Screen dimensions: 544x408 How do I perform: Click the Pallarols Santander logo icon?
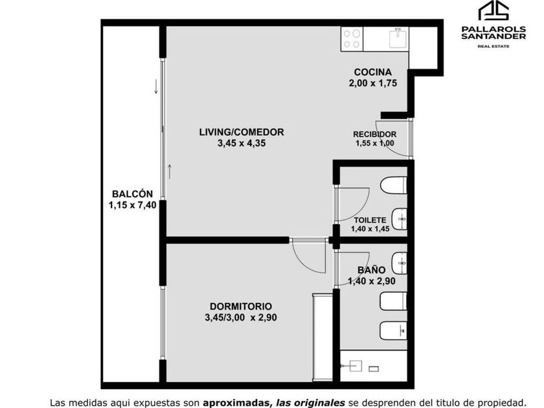click(x=493, y=11)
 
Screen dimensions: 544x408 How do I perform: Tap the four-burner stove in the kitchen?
click(x=352, y=39)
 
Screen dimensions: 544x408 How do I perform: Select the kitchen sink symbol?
click(x=398, y=38)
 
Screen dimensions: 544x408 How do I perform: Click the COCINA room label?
click(x=372, y=72)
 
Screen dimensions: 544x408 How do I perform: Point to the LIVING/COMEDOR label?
click(x=242, y=132)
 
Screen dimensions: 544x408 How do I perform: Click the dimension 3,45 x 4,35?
click(x=242, y=143)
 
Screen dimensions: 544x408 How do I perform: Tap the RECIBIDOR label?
click(x=374, y=134)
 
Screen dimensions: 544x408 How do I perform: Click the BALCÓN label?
click(x=132, y=194)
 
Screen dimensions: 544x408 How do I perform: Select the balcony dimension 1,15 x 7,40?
click(x=132, y=205)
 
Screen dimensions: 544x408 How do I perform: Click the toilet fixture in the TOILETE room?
click(x=394, y=185)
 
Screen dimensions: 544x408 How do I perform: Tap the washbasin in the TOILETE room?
click(x=399, y=219)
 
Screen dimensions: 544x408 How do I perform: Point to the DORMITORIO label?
click(x=241, y=306)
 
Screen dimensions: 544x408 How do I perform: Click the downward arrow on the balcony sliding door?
click(x=156, y=87)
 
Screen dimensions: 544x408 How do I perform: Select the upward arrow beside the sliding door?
click(x=170, y=172)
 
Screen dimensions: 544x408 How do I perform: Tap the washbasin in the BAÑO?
click(x=399, y=264)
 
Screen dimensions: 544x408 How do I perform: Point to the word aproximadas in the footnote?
click(x=236, y=403)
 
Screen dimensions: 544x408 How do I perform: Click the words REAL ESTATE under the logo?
click(x=493, y=46)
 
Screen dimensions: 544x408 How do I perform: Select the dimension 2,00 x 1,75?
click(x=372, y=84)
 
